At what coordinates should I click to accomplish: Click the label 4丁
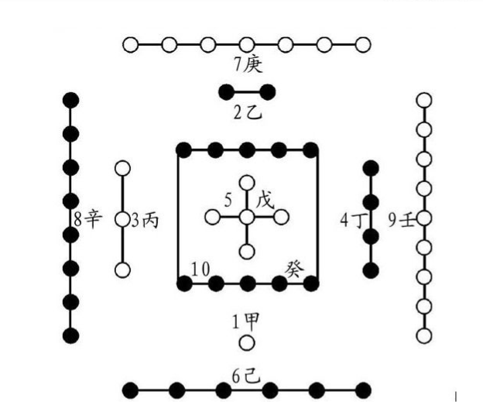351,220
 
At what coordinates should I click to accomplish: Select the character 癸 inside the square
295,268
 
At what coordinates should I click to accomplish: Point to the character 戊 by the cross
265,200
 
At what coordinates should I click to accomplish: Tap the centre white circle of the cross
246,218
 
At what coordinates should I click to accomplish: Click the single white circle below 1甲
247,342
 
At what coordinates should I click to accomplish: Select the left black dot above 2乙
226,92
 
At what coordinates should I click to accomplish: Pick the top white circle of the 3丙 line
122,168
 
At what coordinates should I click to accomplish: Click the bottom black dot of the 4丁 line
372,270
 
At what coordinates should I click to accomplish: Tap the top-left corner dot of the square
183,150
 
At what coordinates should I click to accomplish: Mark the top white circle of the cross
246,183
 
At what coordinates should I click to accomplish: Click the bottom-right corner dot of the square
310,283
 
